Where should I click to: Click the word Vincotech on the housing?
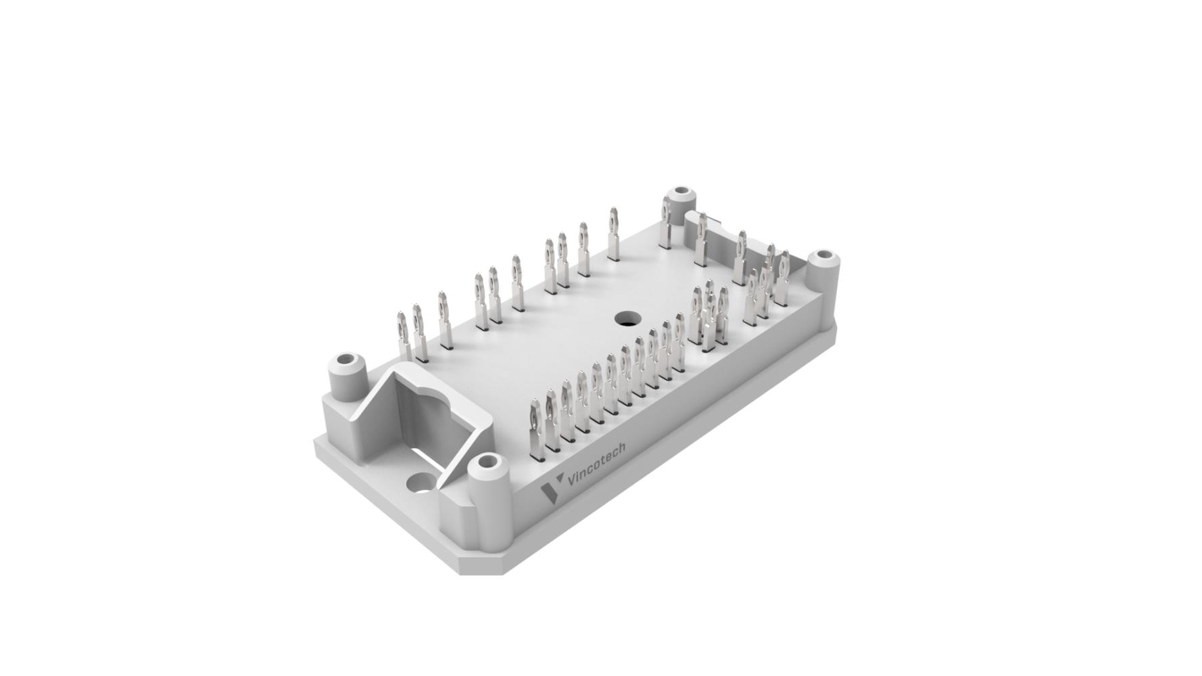pyautogui.click(x=597, y=464)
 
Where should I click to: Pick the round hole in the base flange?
pyautogui.click(x=421, y=483)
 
